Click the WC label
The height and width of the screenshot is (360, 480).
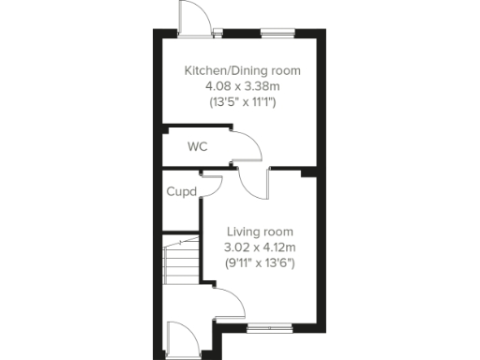(197, 147)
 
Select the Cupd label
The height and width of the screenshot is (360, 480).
(181, 191)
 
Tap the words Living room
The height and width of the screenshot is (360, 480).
(260, 232)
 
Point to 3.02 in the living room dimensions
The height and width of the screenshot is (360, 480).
(238, 247)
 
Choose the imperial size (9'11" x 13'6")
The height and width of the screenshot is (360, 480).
(260, 263)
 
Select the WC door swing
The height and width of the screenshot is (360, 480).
(246, 145)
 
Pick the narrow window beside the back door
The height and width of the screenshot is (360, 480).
(218, 33)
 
